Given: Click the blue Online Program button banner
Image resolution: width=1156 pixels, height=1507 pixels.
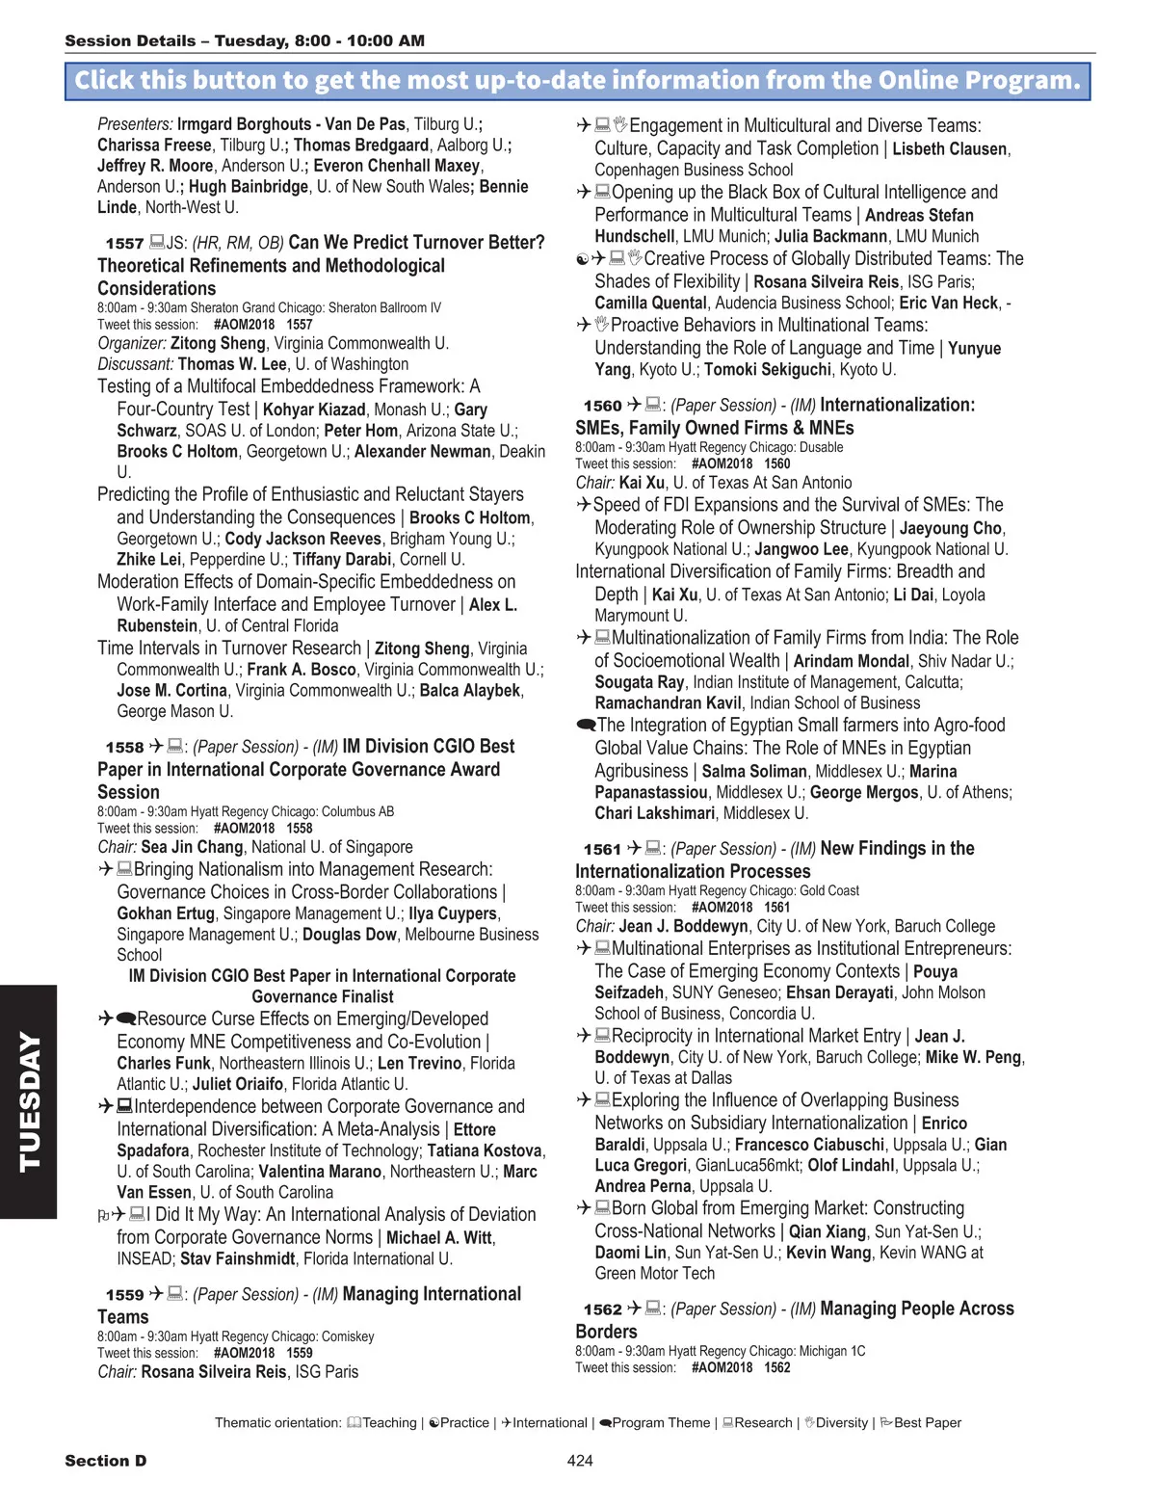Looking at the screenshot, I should pyautogui.click(x=578, y=80).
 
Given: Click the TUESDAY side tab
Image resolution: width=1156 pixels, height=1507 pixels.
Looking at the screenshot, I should pyautogui.click(x=29, y=1101).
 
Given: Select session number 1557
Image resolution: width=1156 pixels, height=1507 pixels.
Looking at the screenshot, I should pyautogui.click(x=124, y=244).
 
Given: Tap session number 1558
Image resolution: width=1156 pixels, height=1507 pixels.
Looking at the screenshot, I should pyautogui.click(x=124, y=748).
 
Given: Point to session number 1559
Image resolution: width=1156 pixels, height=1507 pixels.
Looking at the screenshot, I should pyautogui.click(x=124, y=1296).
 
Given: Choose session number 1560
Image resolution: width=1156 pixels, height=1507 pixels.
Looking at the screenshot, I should pyautogui.click(x=602, y=407).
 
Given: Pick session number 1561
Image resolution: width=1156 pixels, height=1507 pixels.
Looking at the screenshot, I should pyautogui.click(x=602, y=850).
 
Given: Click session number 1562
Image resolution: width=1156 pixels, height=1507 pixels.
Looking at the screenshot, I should pyautogui.click(x=602, y=1310).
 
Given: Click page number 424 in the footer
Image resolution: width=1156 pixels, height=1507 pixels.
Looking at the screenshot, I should pyautogui.click(x=580, y=1461).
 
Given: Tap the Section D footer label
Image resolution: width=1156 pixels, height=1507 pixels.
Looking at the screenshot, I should pyautogui.click(x=106, y=1461).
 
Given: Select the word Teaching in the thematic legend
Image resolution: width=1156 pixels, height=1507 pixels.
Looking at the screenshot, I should pyautogui.click(x=389, y=1423).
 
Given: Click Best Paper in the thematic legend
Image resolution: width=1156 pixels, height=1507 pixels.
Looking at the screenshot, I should pyautogui.click(x=927, y=1423).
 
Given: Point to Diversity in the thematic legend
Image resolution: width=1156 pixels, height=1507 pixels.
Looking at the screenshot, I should pyautogui.click(x=841, y=1423).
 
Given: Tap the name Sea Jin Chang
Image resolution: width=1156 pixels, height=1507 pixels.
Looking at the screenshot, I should pyautogui.click(x=192, y=848).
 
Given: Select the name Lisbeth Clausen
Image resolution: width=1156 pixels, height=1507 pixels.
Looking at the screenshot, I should pyautogui.click(x=949, y=149).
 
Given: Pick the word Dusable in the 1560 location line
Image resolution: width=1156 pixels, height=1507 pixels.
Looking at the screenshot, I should pyautogui.click(x=821, y=448).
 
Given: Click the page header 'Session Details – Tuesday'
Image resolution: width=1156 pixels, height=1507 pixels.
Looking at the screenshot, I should pyautogui.click(x=245, y=40).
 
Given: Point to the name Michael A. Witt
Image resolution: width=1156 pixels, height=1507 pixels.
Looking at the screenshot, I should pyautogui.click(x=439, y=1238).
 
